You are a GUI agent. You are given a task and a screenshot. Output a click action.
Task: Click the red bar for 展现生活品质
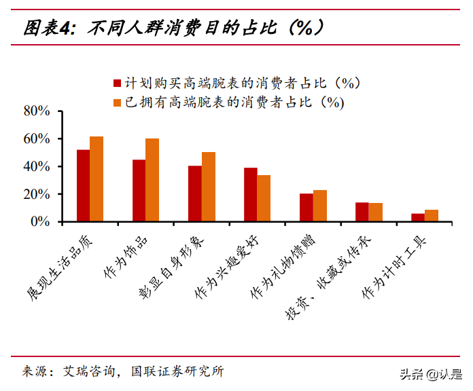[x=83, y=185]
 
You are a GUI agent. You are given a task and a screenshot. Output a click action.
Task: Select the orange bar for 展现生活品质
[x=97, y=179]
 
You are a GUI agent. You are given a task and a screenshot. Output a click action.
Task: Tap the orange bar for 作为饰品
[x=152, y=180]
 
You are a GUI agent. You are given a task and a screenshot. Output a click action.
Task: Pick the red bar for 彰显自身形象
[x=195, y=193]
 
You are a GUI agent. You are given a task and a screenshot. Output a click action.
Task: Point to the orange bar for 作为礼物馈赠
[x=320, y=206]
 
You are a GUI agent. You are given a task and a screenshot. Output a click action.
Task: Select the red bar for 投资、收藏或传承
[x=362, y=212]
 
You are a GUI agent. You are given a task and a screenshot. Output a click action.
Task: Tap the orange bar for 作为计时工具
[x=432, y=215]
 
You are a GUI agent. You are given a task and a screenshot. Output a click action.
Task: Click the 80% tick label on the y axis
[x=37, y=111]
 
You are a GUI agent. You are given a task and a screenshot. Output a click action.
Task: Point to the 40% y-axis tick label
[x=37, y=166]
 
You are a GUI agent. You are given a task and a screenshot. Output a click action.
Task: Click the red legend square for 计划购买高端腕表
[x=116, y=83]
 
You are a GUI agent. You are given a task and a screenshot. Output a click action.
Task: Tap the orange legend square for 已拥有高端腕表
[x=116, y=103]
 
